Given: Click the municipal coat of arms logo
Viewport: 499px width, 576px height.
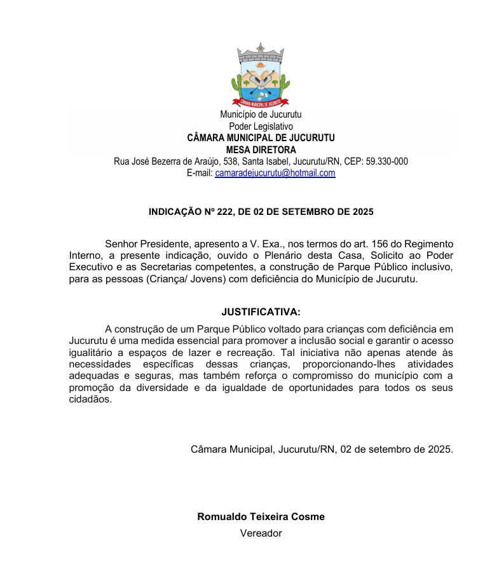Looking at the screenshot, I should coord(260,74).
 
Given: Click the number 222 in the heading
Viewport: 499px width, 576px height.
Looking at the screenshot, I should coord(217,210).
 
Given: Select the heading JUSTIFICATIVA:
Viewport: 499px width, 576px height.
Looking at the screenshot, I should coord(261,312).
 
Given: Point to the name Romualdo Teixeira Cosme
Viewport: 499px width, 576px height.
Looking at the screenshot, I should coord(261,517).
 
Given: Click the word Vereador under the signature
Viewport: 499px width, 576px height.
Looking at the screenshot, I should coord(261,533).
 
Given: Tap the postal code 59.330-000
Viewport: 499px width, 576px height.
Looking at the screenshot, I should coord(385,161).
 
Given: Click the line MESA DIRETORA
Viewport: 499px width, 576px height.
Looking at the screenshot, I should coord(261,150).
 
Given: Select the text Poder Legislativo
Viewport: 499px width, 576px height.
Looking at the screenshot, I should coord(261,127).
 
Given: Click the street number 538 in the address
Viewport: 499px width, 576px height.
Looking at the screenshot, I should coord(231,161).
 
